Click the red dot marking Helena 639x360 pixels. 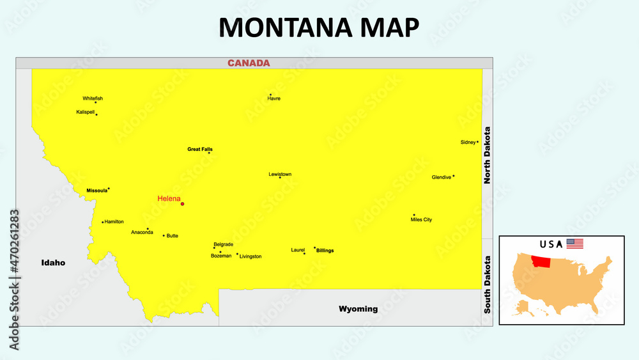(x=182, y=204)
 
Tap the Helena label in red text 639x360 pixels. (x=169, y=199)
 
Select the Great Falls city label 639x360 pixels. (x=200, y=149)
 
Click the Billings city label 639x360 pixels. (x=325, y=251)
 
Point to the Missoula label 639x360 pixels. (x=96, y=191)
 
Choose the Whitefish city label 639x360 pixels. (x=93, y=98)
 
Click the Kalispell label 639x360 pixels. (x=86, y=112)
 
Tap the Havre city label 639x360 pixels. (x=274, y=98)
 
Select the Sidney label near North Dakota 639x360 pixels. (x=468, y=142)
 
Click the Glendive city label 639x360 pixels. (x=442, y=177)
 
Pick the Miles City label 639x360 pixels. (x=421, y=219)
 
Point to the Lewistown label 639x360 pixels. (x=280, y=174)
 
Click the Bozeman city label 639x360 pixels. (x=221, y=256)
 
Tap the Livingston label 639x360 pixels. (x=250, y=256)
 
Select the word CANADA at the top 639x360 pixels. (x=249, y=63)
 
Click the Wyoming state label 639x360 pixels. (x=358, y=309)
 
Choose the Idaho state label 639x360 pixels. (x=53, y=263)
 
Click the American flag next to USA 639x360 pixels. (x=575, y=244)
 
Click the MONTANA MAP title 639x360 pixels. (x=319, y=27)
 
